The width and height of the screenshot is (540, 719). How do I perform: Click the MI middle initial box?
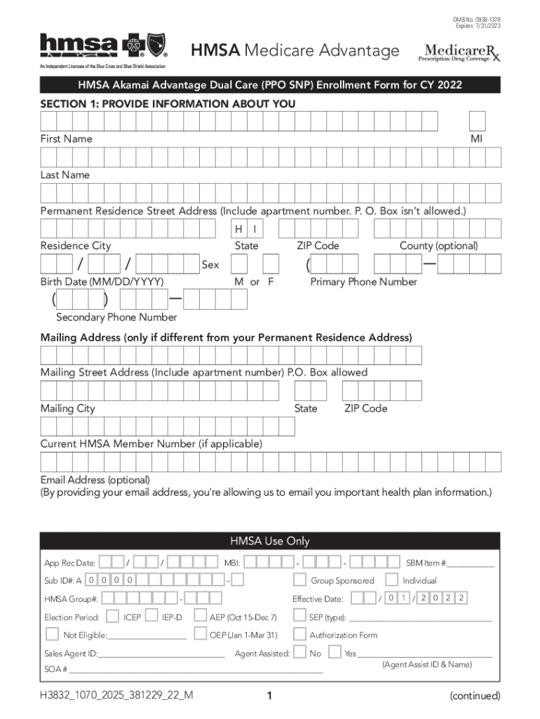pos(477,121)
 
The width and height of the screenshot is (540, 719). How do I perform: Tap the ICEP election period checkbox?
pos(112,617)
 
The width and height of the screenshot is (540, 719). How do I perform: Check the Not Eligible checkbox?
pos(52,635)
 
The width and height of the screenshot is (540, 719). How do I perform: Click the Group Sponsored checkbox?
pos(299,580)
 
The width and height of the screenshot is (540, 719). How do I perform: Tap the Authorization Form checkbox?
pos(299,635)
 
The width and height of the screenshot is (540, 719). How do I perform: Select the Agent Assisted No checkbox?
pos(299,653)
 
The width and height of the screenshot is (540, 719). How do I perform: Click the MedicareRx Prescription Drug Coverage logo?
pos(461,52)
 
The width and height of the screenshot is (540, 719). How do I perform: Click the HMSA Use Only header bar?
pos(270,541)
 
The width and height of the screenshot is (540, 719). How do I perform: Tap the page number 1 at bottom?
pos(269,696)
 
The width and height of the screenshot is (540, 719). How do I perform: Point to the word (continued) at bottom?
pos(475,696)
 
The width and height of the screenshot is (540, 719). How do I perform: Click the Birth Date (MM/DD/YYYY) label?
pos(102,282)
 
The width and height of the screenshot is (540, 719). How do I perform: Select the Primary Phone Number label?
pos(363,282)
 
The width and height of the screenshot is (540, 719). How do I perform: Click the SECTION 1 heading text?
pos(168,104)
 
